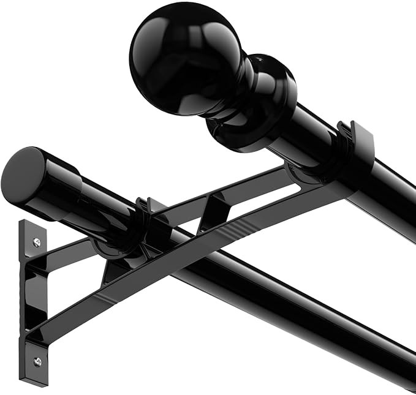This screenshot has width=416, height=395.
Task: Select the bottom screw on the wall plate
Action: point(37,362)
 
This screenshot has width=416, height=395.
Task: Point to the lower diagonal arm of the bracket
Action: point(184,257)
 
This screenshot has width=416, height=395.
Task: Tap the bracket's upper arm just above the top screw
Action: point(61,251)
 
